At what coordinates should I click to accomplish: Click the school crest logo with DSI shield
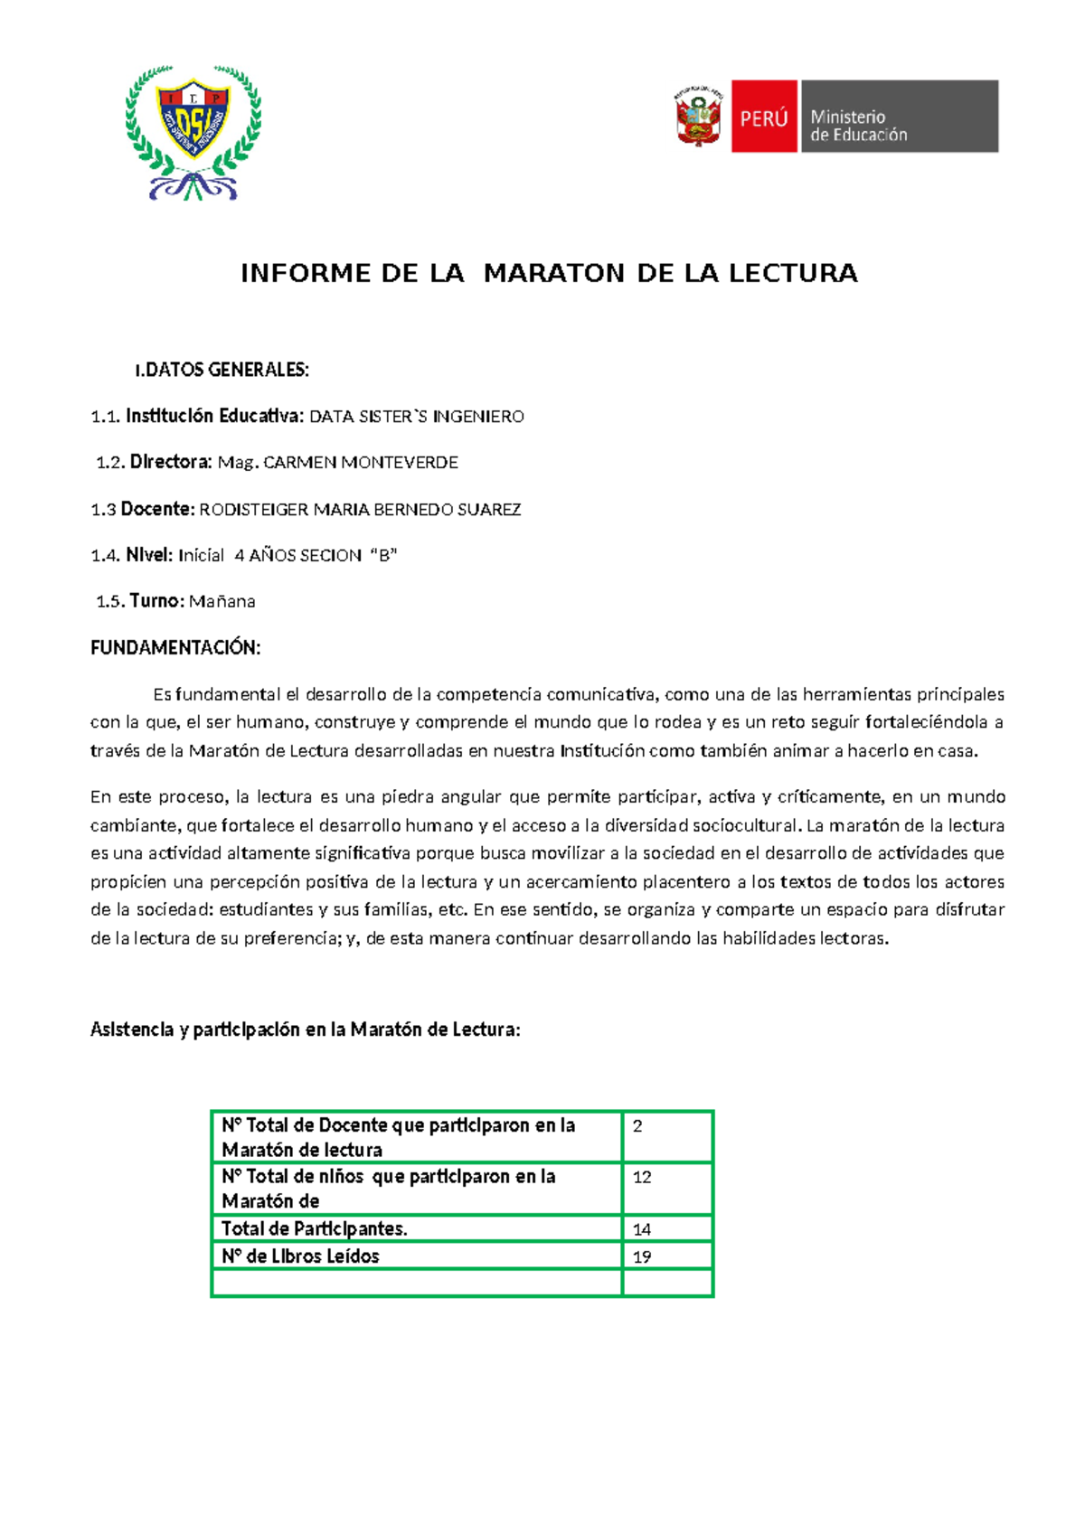pyautogui.click(x=193, y=131)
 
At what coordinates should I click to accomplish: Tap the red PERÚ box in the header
pyautogui.click(x=763, y=117)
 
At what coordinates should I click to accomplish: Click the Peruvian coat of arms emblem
pyautogui.click(x=698, y=117)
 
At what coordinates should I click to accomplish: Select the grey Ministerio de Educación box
pyautogui.click(x=899, y=117)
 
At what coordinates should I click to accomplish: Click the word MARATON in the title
pyautogui.click(x=554, y=273)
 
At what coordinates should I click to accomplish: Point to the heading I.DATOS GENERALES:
pyautogui.click(x=222, y=370)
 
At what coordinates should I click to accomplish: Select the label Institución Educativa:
pyautogui.click(x=214, y=416)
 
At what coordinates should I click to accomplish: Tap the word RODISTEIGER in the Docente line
pyautogui.click(x=254, y=510)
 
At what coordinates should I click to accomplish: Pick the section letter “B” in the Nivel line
pyautogui.click(x=384, y=556)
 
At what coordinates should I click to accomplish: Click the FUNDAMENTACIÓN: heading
pyautogui.click(x=175, y=647)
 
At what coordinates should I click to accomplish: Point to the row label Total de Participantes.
pyautogui.click(x=315, y=1229)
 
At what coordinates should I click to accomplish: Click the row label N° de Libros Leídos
pyautogui.click(x=300, y=1256)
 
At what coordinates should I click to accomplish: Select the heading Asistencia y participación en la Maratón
pyautogui.click(x=305, y=1030)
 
